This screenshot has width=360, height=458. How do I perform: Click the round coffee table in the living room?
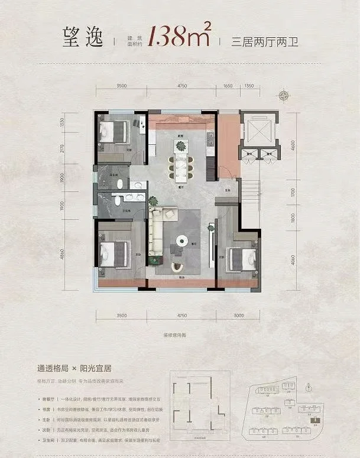[x=182, y=241]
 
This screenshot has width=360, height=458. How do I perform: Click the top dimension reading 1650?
[x=226, y=86]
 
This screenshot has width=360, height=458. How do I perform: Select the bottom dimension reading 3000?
[x=238, y=316]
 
